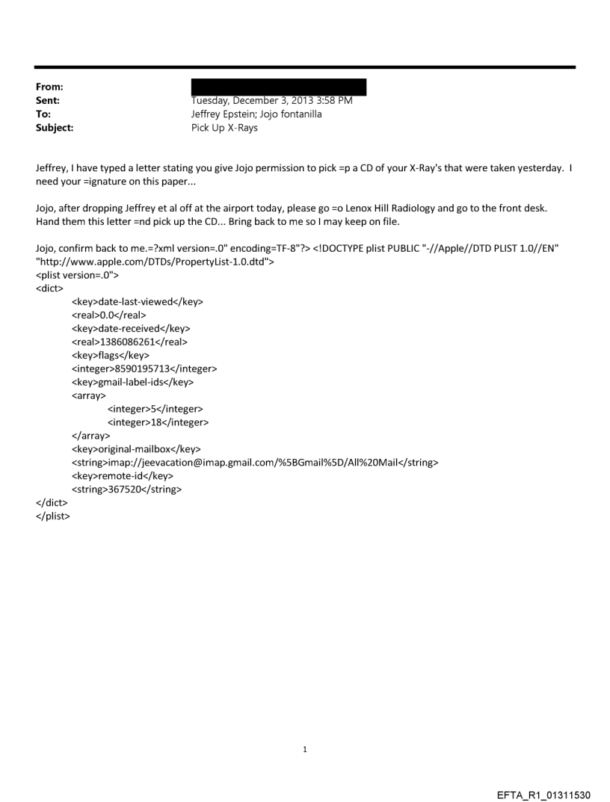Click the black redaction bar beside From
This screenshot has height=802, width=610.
[x=279, y=87]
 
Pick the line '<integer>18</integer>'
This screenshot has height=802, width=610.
[x=158, y=422]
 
